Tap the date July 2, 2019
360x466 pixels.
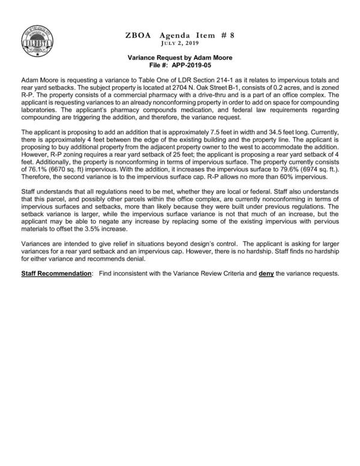179,44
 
